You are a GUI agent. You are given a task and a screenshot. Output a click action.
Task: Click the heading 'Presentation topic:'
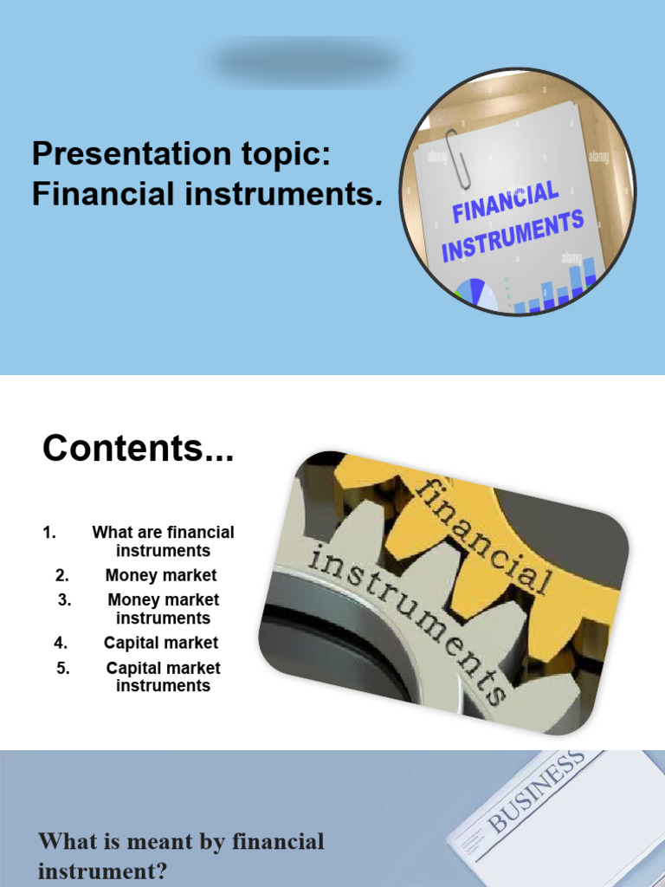pyautogui.click(x=181, y=155)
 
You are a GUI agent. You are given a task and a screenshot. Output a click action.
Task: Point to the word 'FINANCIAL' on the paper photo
pyautogui.click(x=506, y=202)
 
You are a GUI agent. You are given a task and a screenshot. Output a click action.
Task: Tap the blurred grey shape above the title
pyautogui.click(x=306, y=62)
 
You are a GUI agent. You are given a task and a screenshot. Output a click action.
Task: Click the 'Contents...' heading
pyautogui.click(x=139, y=449)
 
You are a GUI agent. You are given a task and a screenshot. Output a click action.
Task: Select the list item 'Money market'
pyautogui.click(x=161, y=575)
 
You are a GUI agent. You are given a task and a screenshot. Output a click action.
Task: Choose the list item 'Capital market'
pyautogui.click(x=161, y=643)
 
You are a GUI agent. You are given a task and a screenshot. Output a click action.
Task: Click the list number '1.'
pyautogui.click(x=49, y=533)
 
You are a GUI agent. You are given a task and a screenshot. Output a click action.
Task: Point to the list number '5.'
pyautogui.click(x=62, y=668)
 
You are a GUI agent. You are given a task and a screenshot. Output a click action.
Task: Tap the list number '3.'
pyautogui.click(x=65, y=599)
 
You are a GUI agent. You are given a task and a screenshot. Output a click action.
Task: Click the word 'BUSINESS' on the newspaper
pyautogui.click(x=536, y=793)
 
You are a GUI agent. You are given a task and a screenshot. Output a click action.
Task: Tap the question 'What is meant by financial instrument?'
pyautogui.click(x=181, y=856)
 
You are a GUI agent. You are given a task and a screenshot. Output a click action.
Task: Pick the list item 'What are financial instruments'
pyautogui.click(x=163, y=541)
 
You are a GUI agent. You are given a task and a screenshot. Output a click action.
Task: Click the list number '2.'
pyautogui.click(x=61, y=575)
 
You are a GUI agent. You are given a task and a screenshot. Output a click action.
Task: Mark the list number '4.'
pyautogui.click(x=61, y=643)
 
